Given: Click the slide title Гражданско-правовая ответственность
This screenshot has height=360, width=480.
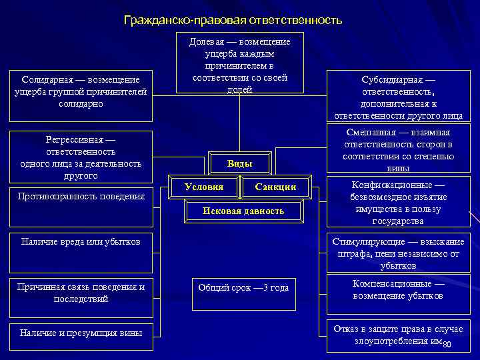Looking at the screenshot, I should [233, 21].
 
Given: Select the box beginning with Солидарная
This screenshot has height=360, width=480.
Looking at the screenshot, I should [81, 92].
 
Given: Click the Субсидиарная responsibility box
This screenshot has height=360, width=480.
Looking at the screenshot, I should [398, 96].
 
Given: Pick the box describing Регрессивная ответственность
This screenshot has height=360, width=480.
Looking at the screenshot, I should [81, 157].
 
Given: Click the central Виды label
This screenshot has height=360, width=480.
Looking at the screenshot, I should [239, 163].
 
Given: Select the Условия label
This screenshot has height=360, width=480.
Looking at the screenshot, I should [204, 187].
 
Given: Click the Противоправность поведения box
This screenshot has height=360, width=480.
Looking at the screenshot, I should [81, 197].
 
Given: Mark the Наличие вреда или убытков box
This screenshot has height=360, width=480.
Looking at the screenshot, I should [81, 241].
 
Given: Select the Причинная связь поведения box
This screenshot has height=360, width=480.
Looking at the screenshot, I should [81, 293].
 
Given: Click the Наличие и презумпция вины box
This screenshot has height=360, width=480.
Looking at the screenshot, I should [81, 332].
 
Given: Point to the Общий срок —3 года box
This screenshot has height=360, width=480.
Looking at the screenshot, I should [243, 288].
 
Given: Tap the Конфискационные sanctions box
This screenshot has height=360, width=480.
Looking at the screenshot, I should [398, 203].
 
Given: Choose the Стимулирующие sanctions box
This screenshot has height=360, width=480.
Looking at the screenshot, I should [398, 253].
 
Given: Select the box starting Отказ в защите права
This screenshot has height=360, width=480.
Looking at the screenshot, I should [398, 335].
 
